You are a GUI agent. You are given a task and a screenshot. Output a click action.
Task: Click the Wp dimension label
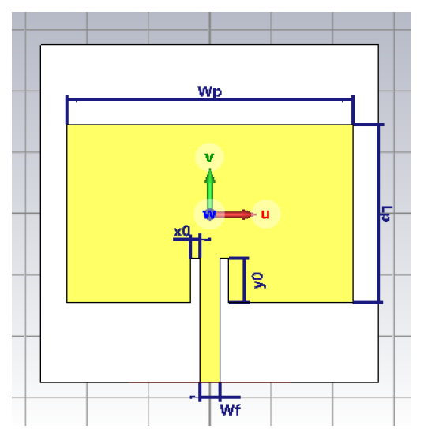[209, 91]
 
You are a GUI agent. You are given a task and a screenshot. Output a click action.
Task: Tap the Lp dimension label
[387, 214]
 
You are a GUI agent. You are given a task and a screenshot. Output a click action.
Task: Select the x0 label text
[182, 232]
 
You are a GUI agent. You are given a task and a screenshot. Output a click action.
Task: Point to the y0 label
[259, 281]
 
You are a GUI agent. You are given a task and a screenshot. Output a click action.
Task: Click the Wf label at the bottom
[231, 410]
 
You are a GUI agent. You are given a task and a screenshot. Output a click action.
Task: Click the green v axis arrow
[210, 189]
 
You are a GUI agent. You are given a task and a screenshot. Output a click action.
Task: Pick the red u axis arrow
[234, 214]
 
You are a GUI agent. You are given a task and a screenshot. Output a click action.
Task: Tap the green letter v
[209, 157]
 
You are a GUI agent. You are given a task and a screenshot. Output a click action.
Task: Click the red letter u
[265, 214]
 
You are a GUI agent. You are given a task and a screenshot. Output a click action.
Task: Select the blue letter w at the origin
[209, 214]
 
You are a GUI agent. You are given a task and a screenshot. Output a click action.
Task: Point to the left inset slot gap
[195, 280]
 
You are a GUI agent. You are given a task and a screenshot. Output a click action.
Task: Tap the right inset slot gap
[224, 280]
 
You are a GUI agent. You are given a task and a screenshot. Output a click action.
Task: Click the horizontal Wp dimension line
[210, 99]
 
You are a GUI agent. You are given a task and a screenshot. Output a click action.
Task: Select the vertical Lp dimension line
[379, 214]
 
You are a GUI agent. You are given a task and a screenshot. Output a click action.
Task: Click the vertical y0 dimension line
[244, 280]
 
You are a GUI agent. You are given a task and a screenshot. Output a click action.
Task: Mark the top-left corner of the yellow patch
[67, 125]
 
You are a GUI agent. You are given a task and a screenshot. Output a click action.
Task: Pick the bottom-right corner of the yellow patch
[353, 302]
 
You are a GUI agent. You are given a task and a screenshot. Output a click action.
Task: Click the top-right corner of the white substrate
[378, 45]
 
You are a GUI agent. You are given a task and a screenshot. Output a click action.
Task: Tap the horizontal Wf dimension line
[216, 397]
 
